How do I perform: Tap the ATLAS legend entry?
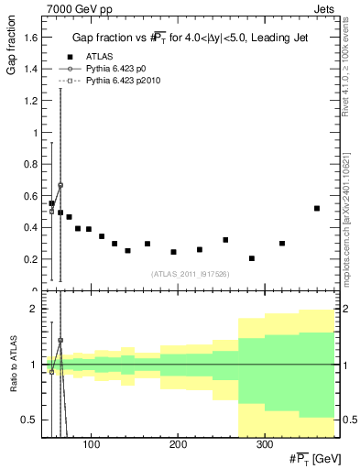pyautogui.click(x=100, y=57)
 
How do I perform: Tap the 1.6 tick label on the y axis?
pyautogui.click(x=31, y=37)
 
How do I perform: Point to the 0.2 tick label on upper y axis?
pyautogui.click(x=31, y=259)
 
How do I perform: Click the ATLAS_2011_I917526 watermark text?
pyautogui.click(x=190, y=275)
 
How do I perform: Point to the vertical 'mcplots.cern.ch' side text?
pyautogui.click(x=352, y=238)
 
